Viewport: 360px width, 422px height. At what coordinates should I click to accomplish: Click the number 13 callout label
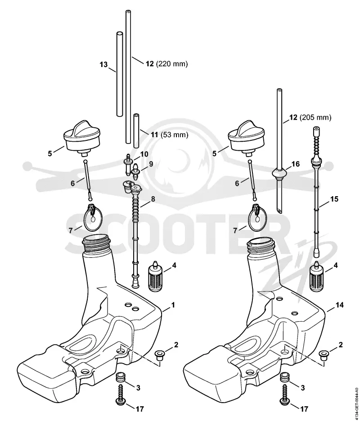click(x=103, y=65)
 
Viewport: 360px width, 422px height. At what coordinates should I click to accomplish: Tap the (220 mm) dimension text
click(x=172, y=64)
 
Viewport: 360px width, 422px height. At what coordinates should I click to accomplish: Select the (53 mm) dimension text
click(x=174, y=135)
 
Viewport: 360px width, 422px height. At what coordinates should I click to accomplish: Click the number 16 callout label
click(x=295, y=164)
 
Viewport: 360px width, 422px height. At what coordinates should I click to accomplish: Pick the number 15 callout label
click(x=334, y=199)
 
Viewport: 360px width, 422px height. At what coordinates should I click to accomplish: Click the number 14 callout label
click(x=340, y=305)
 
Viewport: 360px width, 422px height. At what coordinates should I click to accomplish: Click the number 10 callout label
click(x=144, y=154)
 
